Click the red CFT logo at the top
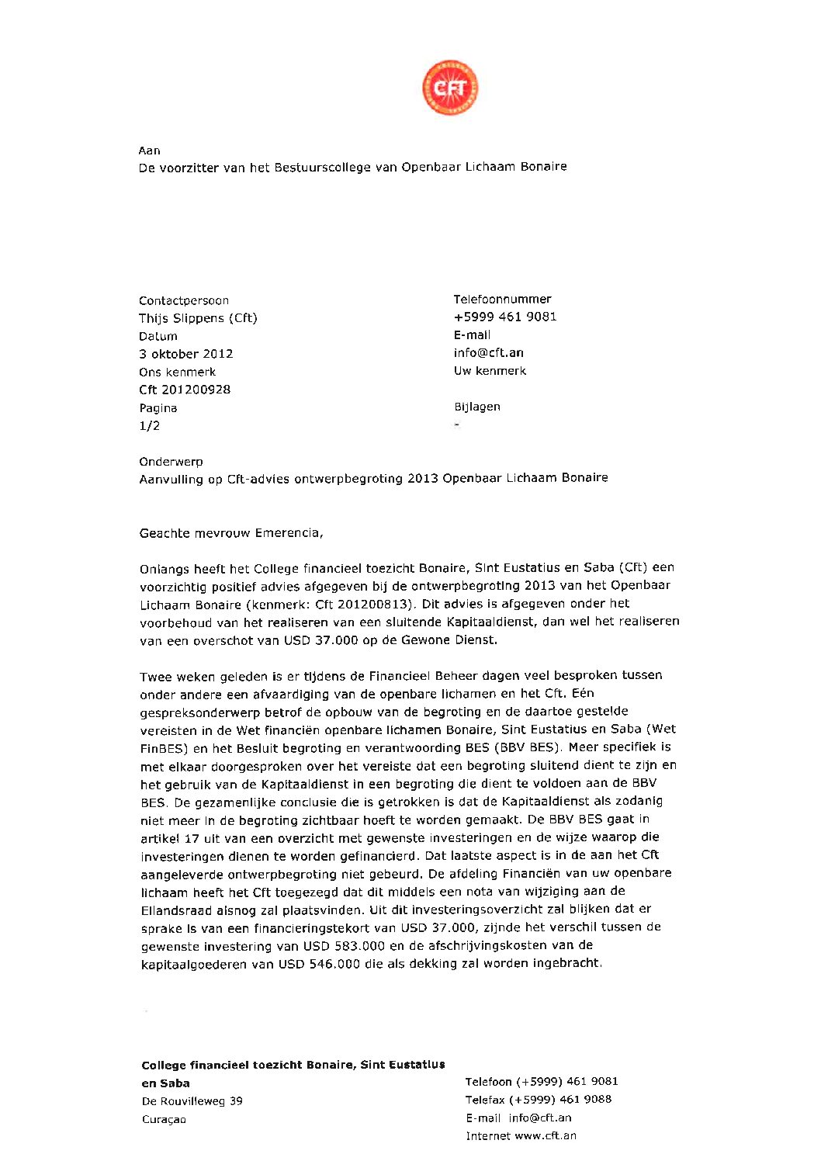(450, 88)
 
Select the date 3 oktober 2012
(185, 354)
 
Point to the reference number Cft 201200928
(185, 390)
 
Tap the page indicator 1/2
(149, 426)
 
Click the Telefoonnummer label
(502, 299)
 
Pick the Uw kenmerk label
(490, 371)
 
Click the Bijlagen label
(476, 407)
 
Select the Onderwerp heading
(171, 462)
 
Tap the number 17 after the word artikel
(192, 838)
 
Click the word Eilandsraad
(175, 910)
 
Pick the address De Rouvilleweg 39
(192, 1101)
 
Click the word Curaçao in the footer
(164, 1119)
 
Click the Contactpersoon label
(184, 300)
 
